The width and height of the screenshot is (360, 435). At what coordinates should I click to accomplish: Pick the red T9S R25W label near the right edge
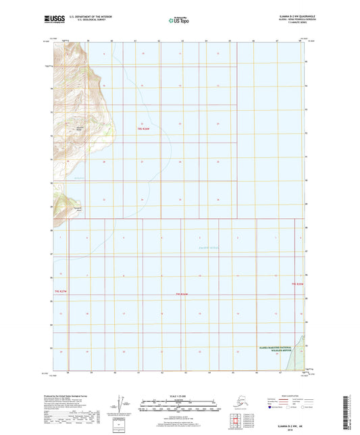[298, 284]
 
